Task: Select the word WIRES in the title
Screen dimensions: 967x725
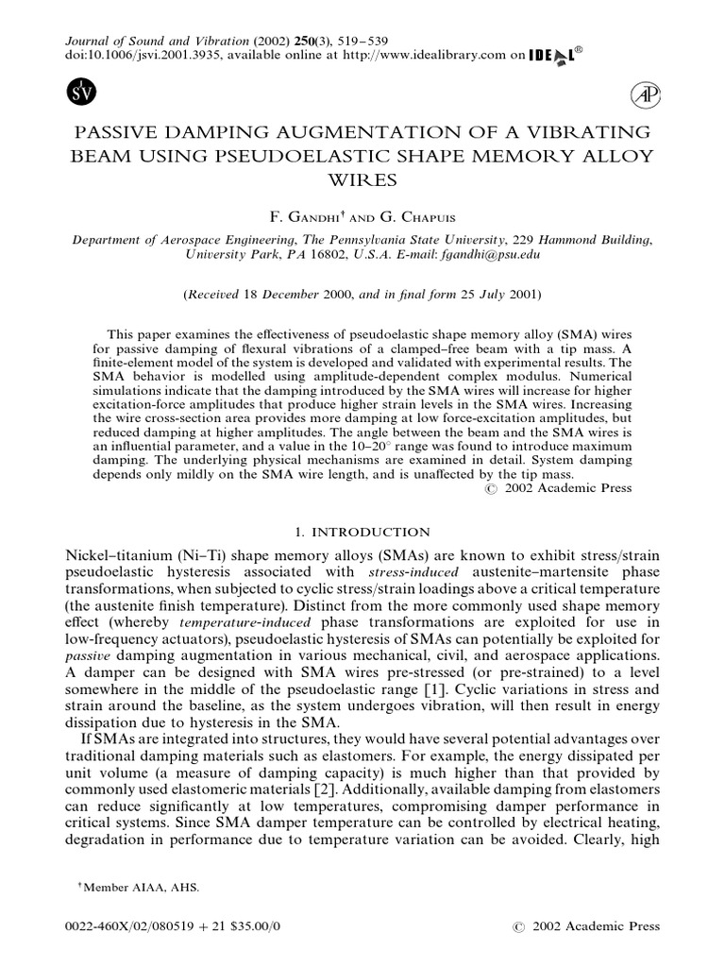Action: pos(362,178)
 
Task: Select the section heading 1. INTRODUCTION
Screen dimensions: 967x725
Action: pos(362,532)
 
